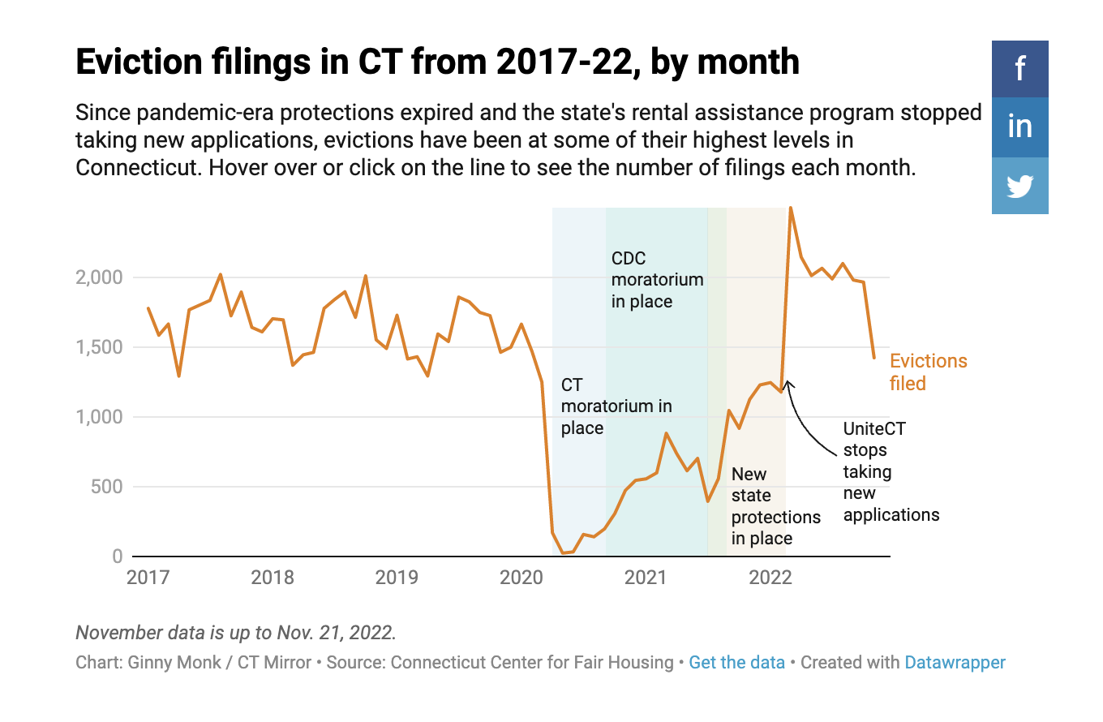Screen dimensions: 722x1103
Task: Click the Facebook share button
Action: click(x=1019, y=69)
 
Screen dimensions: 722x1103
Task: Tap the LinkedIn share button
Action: click(x=1019, y=127)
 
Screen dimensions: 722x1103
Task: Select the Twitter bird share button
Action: click(x=1019, y=186)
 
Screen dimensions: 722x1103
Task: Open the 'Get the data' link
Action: click(x=736, y=662)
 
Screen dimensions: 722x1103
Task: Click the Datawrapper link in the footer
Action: click(x=955, y=662)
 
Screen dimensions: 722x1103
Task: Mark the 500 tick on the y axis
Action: click(x=105, y=487)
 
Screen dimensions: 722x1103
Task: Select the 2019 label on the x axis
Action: click(x=397, y=578)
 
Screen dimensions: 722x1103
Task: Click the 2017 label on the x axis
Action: click(x=148, y=578)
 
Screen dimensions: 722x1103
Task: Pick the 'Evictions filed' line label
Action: click(x=928, y=372)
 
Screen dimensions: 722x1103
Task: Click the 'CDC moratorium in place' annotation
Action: click(x=656, y=280)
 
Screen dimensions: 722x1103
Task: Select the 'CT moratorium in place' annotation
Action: click(x=616, y=406)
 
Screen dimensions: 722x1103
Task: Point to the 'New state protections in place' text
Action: click(x=775, y=505)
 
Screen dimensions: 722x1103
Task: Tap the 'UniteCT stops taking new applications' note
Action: click(x=890, y=471)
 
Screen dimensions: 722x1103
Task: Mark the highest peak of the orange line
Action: click(x=791, y=208)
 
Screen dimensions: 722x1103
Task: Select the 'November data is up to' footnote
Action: click(x=235, y=632)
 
